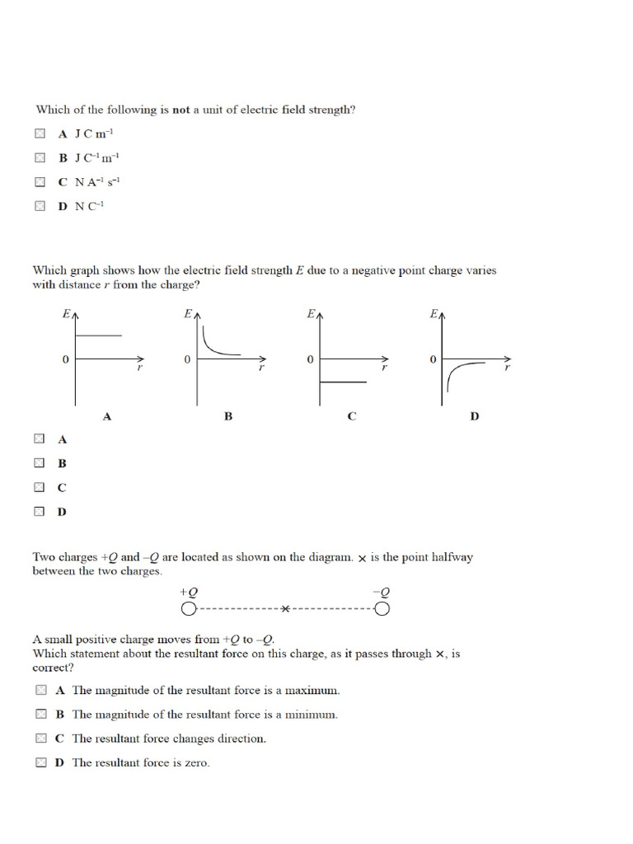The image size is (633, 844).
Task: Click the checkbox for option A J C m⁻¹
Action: click(x=40, y=133)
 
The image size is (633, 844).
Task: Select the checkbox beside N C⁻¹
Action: click(x=40, y=207)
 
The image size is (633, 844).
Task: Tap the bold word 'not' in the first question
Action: click(x=181, y=109)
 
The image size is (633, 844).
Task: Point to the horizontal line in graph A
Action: click(x=99, y=335)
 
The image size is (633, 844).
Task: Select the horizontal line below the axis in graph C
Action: click(x=343, y=382)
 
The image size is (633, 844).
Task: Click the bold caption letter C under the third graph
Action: click(x=351, y=416)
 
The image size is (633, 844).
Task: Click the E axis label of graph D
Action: click(x=433, y=314)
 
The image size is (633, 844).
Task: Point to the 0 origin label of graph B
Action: click(x=187, y=360)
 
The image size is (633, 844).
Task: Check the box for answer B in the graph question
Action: click(x=40, y=464)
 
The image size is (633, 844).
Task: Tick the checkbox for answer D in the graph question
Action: click(x=40, y=512)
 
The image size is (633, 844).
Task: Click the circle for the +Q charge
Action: click(x=189, y=609)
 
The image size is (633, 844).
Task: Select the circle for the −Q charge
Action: click(x=382, y=609)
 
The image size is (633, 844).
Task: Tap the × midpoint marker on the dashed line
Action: click(x=285, y=609)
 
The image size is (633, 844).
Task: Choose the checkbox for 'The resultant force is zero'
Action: click(x=40, y=762)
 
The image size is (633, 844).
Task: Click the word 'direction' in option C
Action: click(x=241, y=738)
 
